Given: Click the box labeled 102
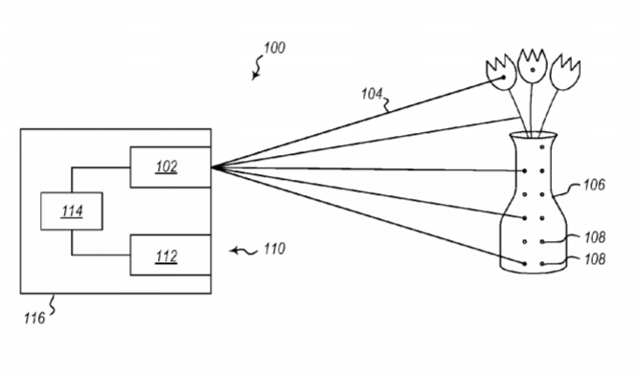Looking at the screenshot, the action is [x=171, y=167].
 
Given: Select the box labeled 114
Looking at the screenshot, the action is [x=72, y=211].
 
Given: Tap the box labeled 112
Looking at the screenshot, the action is [x=171, y=255].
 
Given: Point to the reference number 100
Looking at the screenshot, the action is [x=274, y=48].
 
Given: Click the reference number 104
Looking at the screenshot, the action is [x=372, y=94].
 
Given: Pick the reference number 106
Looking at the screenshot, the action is [x=594, y=186].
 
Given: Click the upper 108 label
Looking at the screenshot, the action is [x=595, y=237].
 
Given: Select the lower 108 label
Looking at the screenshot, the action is [x=595, y=259].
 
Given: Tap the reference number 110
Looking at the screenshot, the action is [x=274, y=249].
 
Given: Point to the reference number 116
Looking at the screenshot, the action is [x=34, y=319].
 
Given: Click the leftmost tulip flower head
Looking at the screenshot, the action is [x=501, y=72].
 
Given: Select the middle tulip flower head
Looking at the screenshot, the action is [x=533, y=66].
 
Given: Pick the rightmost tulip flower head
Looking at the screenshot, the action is [x=565, y=72].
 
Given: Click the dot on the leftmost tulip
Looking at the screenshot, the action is [x=504, y=77].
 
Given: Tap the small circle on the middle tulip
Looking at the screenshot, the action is [x=533, y=70].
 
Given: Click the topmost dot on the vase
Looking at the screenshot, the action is [x=542, y=147].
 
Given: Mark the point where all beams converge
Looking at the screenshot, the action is [x=213, y=167].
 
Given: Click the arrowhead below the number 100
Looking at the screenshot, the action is [x=254, y=76].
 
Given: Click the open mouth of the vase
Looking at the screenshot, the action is [x=533, y=135].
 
